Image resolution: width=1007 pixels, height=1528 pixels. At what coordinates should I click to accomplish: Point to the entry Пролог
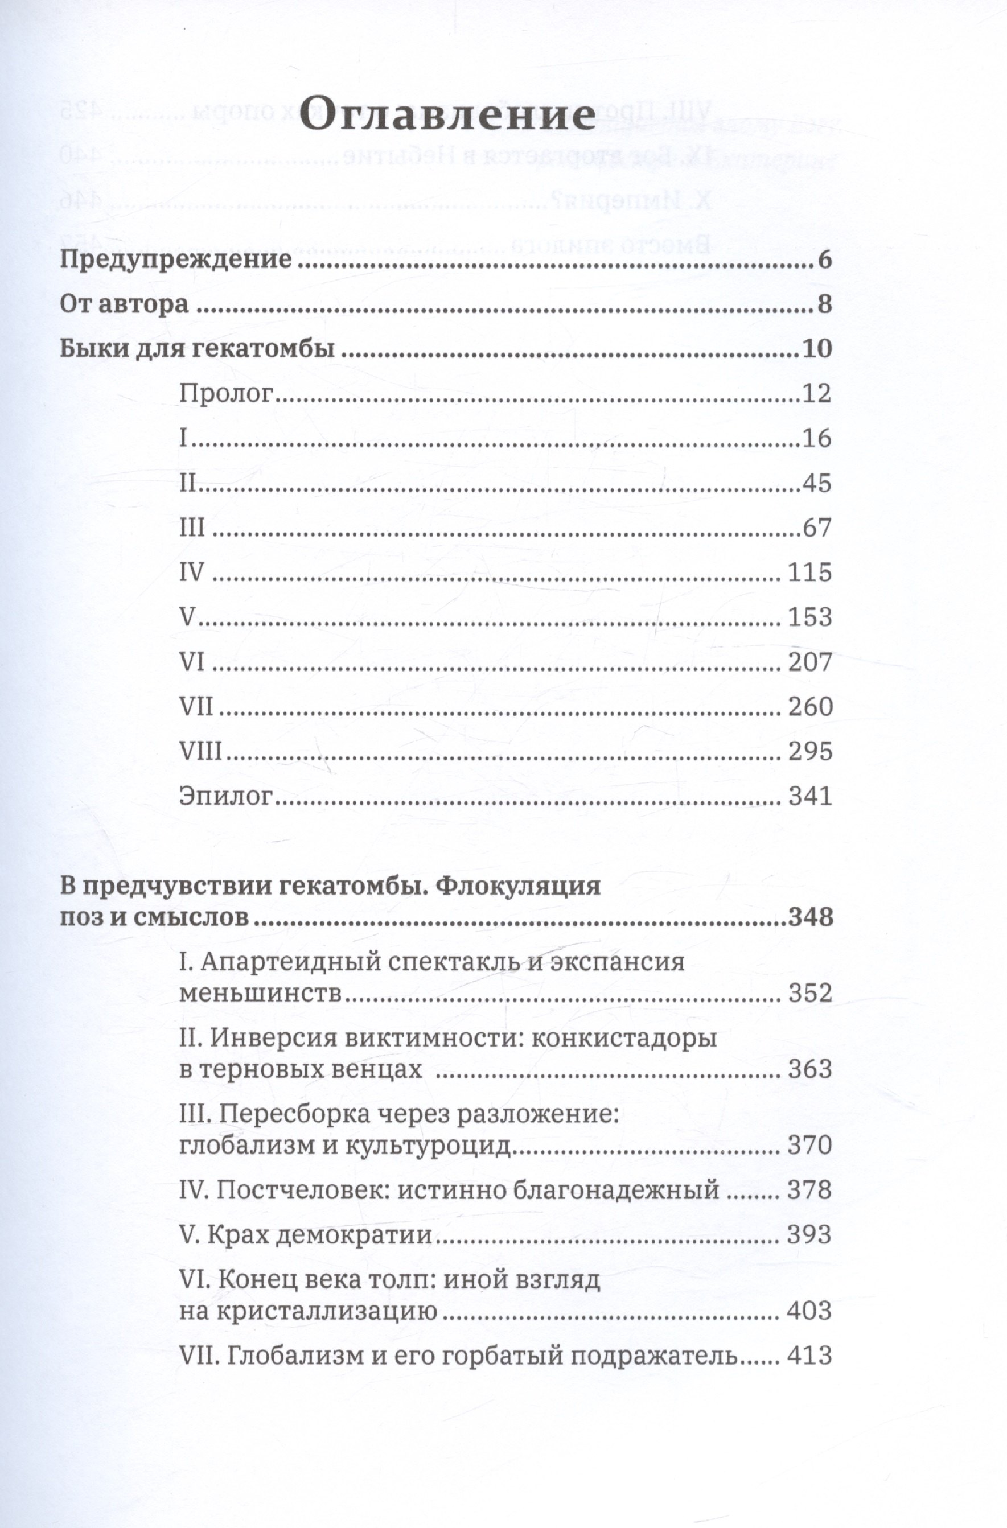[227, 393]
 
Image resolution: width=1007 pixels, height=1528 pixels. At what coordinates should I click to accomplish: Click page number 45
[817, 483]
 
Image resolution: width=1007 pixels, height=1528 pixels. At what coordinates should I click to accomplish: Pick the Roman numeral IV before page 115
[191, 572]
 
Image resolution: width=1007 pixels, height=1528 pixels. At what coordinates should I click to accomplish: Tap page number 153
[809, 617]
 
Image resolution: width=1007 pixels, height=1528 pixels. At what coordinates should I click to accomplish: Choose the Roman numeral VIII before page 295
[200, 751]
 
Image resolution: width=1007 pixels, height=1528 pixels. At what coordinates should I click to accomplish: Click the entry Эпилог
[227, 796]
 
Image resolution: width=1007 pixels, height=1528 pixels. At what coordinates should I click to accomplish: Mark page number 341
[809, 796]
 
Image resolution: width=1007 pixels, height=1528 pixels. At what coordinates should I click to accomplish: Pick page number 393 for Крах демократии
[809, 1234]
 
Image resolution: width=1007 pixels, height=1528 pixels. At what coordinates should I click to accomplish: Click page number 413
[809, 1356]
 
